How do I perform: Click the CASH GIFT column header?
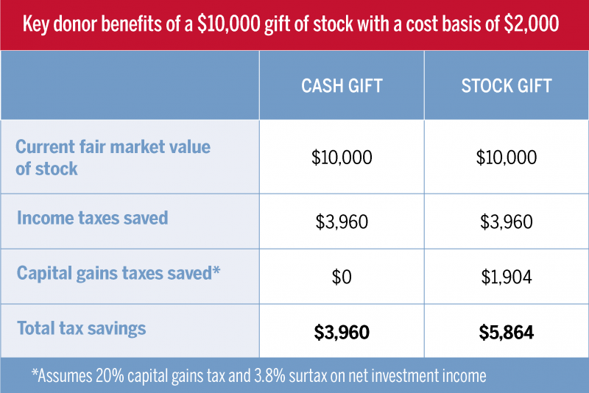point(342,86)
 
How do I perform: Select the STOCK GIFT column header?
point(507,86)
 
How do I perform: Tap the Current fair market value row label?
point(113,157)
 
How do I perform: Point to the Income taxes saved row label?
point(93,218)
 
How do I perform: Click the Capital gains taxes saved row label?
point(119,273)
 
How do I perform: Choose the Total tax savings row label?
point(81,328)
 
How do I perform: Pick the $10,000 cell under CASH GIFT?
point(342,157)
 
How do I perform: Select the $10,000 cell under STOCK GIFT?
point(507,157)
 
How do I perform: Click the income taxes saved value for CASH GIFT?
point(342,222)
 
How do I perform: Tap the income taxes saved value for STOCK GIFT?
point(507,222)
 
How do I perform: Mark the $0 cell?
point(342,277)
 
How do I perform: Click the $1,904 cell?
point(507,277)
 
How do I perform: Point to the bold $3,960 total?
point(342,333)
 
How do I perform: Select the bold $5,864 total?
point(507,333)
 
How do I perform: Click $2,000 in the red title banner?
point(532,24)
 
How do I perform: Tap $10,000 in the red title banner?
point(229,24)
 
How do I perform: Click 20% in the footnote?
point(110,376)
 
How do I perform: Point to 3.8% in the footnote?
point(269,376)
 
